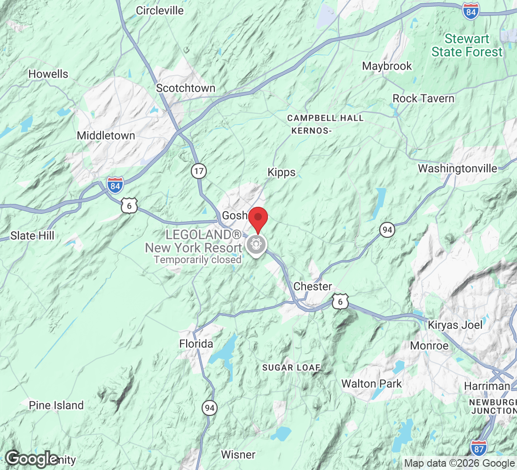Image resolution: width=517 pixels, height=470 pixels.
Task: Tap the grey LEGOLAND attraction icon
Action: (x=256, y=244)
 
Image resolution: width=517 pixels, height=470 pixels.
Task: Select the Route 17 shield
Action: (x=199, y=172)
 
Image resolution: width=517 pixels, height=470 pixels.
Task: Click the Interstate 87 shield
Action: (x=478, y=447)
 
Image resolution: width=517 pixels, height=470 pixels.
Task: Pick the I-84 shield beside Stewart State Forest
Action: (x=470, y=11)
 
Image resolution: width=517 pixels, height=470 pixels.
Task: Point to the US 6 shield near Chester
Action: (x=340, y=302)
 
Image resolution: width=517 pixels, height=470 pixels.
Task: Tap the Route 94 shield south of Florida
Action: (x=210, y=408)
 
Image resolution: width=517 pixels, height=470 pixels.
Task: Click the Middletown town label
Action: (x=106, y=136)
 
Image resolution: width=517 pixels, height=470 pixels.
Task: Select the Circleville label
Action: (x=160, y=10)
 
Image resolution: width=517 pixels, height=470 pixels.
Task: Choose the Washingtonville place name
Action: (x=457, y=168)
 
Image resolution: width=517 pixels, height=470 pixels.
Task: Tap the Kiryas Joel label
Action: (x=455, y=325)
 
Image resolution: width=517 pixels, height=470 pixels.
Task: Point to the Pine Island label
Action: (x=56, y=405)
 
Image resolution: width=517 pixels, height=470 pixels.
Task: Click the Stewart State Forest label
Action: (x=467, y=45)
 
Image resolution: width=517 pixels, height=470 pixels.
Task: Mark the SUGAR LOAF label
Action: (x=291, y=367)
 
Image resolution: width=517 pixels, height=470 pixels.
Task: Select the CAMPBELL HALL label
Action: (x=325, y=118)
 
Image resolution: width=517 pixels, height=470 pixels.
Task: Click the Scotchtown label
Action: (x=186, y=88)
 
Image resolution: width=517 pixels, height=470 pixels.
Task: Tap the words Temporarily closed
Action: (x=198, y=259)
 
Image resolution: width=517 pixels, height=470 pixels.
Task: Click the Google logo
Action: (x=31, y=459)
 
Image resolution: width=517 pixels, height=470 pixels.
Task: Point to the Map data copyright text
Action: (x=459, y=463)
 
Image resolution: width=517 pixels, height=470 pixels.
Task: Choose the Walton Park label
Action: (x=371, y=384)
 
